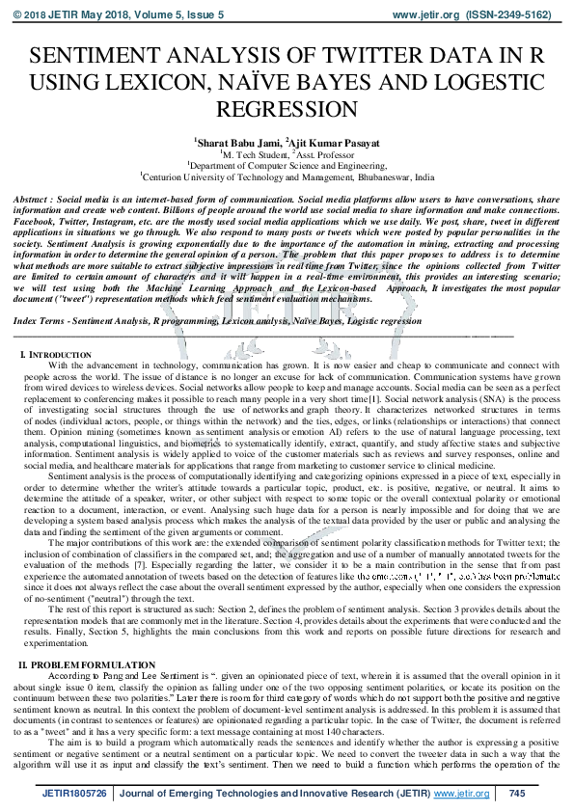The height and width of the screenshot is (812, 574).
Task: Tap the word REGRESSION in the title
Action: coord(287,108)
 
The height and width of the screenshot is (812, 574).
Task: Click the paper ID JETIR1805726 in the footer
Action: coord(76,794)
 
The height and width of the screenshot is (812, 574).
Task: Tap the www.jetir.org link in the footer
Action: coord(461,794)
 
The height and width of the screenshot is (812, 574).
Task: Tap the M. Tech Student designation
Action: coord(254,153)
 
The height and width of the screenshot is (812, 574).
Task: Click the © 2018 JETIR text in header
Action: coord(42,15)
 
